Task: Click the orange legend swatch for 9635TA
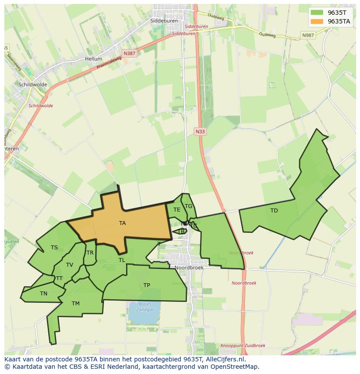click(x=317, y=21)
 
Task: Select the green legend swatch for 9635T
click(x=317, y=12)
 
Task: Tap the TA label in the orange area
click(x=123, y=223)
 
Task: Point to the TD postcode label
click(x=274, y=211)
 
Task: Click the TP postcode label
click(x=147, y=285)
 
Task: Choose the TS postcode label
click(x=54, y=248)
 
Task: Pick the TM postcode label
click(x=76, y=304)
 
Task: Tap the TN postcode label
click(x=43, y=294)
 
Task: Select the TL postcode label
click(x=122, y=260)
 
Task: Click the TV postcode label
click(x=70, y=265)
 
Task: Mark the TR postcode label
click(x=90, y=253)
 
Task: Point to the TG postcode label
click(x=188, y=206)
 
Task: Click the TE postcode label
click(x=177, y=210)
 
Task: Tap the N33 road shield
click(x=200, y=132)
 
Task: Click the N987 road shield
click(x=308, y=35)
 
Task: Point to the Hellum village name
click(x=93, y=59)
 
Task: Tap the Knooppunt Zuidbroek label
click(x=243, y=346)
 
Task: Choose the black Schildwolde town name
click(x=33, y=85)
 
